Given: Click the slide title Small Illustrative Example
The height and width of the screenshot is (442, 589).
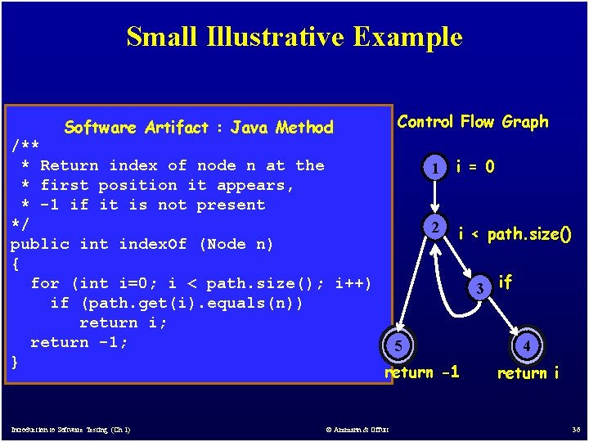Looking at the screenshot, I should [x=294, y=37].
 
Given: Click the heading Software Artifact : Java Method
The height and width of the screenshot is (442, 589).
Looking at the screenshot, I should [x=199, y=127].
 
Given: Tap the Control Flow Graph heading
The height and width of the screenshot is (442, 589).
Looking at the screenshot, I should [x=472, y=122].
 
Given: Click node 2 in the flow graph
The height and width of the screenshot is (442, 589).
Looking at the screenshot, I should [x=438, y=227].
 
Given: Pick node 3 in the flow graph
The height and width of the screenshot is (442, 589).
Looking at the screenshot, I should [x=483, y=287].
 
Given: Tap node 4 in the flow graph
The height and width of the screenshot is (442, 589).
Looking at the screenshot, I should [x=527, y=346].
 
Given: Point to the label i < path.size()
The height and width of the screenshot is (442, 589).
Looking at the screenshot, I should [x=515, y=235].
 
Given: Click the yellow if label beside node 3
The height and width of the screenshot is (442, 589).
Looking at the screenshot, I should [x=505, y=282].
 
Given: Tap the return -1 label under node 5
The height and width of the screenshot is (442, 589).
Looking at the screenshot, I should [x=422, y=372].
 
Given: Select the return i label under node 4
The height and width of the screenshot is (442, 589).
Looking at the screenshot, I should [x=528, y=373].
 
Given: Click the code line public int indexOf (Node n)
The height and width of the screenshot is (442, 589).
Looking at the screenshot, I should [x=142, y=244].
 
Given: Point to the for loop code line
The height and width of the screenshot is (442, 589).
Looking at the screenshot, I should [x=200, y=283].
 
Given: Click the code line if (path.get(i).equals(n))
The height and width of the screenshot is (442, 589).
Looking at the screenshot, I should [x=177, y=303].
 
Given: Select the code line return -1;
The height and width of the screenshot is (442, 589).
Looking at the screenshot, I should [x=79, y=342].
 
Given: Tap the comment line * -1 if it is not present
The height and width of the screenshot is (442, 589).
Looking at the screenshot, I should [x=143, y=205].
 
